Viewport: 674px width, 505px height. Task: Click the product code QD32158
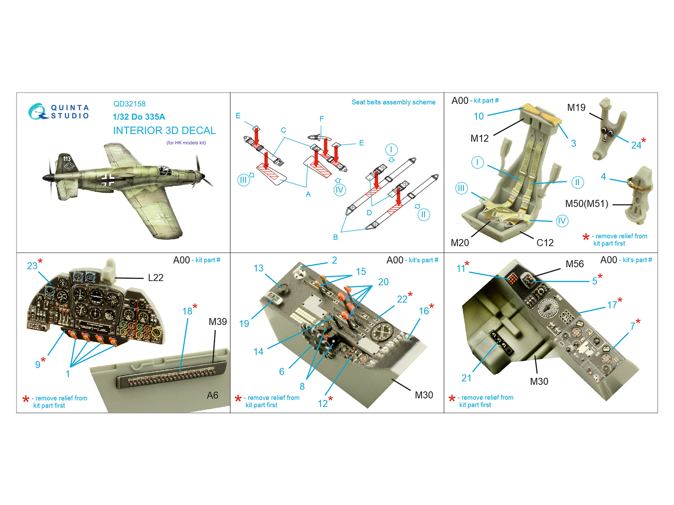pos(129,104)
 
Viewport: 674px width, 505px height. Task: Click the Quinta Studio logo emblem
pos(37,111)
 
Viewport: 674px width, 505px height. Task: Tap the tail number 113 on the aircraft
pos(67,159)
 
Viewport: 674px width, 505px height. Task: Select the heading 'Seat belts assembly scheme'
pos(393,102)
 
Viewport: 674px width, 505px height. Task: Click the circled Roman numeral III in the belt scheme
pos(243,180)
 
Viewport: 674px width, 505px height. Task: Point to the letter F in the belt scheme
pos(321,119)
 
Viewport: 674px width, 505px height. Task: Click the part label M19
pos(576,108)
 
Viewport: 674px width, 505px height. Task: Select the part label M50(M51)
pos(586,204)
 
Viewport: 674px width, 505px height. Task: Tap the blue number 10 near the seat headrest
pos(479,116)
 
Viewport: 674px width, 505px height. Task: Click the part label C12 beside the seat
pos(545,243)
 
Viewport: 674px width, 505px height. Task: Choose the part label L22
pos(155,277)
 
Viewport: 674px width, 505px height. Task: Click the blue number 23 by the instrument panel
pos(32,266)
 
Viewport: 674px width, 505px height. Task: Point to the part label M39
pos(218,322)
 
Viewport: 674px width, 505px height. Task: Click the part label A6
pos(212,395)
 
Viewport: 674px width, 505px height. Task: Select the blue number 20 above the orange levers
pos(383,282)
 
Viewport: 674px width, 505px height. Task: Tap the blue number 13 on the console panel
pos(259,268)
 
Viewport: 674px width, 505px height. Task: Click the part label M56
pos(575,264)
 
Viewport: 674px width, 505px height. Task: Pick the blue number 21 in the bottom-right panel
pos(466,378)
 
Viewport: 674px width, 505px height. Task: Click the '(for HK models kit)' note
pos(186,143)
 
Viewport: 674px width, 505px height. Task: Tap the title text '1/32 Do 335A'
pos(139,117)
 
